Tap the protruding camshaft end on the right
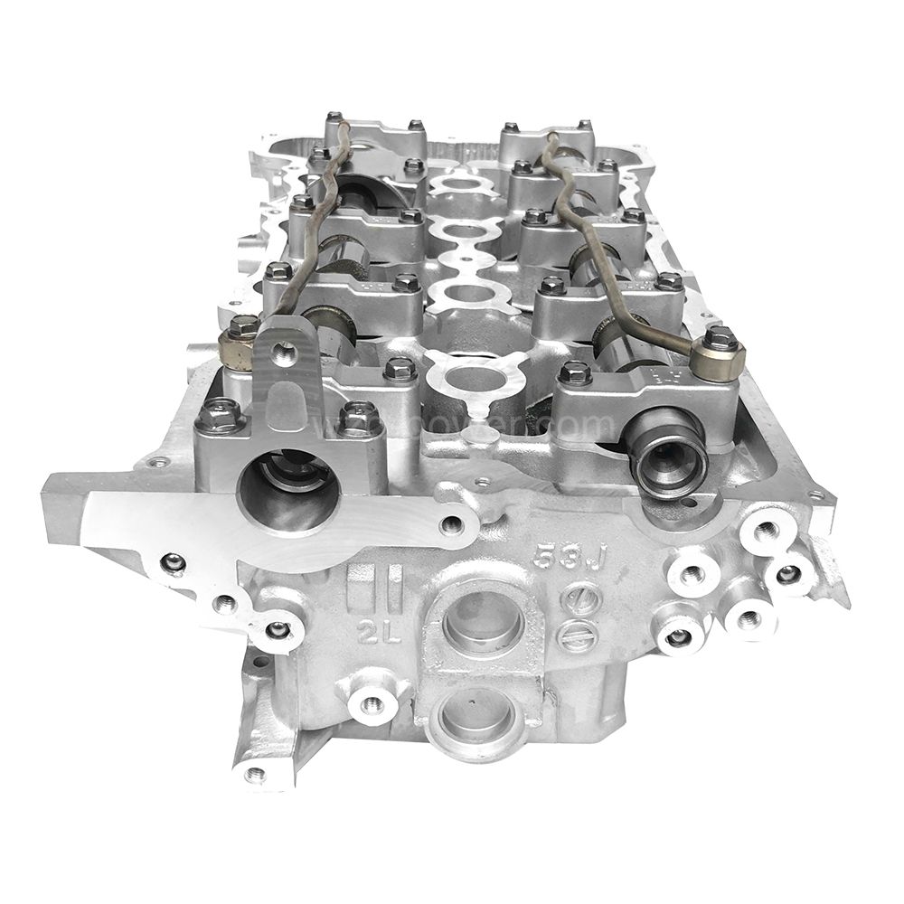670,456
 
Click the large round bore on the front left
288,492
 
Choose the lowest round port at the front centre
476,711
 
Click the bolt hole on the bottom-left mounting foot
256,774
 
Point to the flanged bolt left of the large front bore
219,417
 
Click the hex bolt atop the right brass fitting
719,339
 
